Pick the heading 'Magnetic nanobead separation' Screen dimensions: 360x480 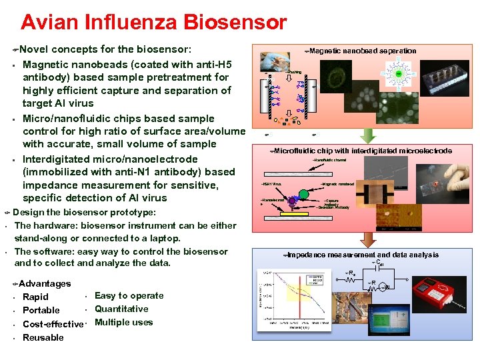click(x=363, y=51)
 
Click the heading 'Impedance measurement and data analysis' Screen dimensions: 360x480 click(x=363, y=255)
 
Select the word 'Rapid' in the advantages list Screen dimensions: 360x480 click(x=35, y=297)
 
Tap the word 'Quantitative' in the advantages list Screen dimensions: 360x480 click(x=121, y=309)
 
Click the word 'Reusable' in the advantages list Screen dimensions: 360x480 click(x=43, y=337)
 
